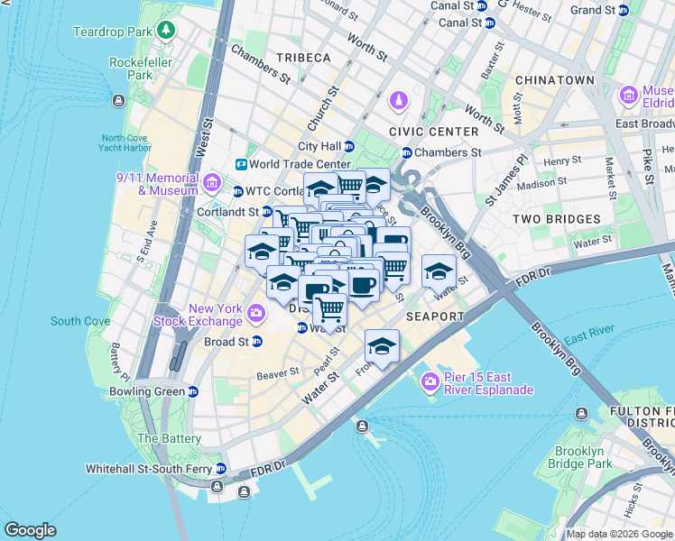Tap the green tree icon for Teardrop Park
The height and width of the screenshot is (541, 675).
[166, 31]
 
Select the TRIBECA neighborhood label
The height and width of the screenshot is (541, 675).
[303, 58]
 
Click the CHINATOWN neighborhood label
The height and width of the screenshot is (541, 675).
[555, 80]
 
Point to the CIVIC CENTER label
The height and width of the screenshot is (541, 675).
[433, 132]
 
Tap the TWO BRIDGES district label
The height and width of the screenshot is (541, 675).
[556, 219]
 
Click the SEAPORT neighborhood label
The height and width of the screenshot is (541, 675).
[435, 316]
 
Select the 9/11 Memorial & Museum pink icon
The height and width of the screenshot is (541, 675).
[211, 184]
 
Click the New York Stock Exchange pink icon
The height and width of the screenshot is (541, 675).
[256, 313]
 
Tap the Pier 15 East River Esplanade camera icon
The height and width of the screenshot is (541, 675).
[430, 382]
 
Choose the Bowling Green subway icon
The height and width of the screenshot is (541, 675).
[192, 391]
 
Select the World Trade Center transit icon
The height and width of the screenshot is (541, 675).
[242, 164]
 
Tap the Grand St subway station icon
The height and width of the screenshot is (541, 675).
[624, 10]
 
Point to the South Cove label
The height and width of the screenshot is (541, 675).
[80, 321]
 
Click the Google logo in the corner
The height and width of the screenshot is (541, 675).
[30, 530]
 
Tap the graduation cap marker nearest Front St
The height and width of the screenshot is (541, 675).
[382, 346]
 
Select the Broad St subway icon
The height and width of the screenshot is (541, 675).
[257, 342]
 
